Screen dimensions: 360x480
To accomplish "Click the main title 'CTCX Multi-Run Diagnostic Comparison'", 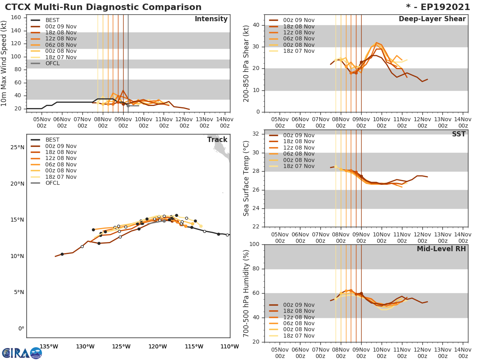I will (103, 7).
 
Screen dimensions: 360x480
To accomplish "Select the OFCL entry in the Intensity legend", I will (52, 63).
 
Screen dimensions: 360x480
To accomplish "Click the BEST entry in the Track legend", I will (52, 140).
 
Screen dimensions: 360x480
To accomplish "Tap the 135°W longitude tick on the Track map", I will (48, 346).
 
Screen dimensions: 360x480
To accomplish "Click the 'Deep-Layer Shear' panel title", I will (432, 19).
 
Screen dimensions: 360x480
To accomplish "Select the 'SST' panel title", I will (459, 134).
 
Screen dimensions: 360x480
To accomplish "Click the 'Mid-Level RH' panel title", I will (441, 249).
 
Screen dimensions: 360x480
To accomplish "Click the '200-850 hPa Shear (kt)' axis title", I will (246, 63).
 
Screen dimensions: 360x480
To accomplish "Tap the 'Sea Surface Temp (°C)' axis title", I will (246, 178).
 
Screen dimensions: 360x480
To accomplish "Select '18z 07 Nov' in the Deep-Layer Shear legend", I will (298, 51).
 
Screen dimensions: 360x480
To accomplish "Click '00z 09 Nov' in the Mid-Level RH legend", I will (298, 305).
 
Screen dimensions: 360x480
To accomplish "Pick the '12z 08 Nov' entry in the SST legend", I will (298, 148).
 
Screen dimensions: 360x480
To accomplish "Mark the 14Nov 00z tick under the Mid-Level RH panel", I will (463, 352).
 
